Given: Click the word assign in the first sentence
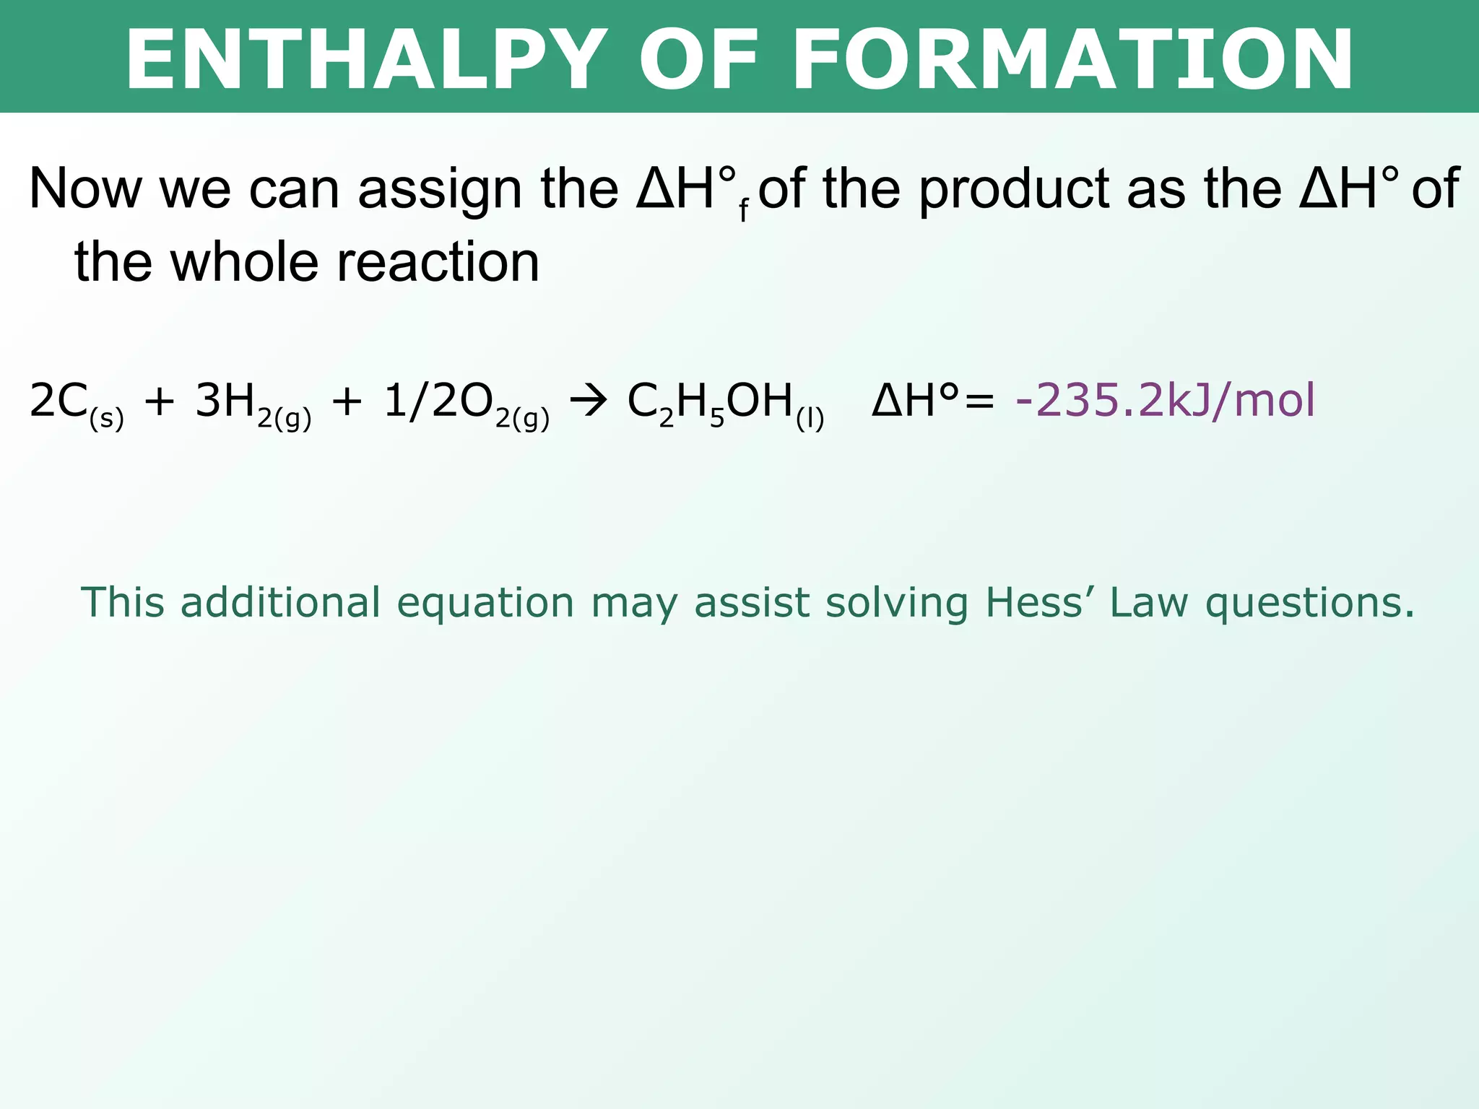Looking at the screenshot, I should point(439,190).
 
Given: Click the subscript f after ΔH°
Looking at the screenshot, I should point(743,211).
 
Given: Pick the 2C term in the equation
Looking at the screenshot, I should point(58,401).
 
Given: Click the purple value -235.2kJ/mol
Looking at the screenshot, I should point(1165,401).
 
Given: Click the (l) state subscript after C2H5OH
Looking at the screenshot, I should point(810,419).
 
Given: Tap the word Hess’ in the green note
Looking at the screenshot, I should point(1039,603).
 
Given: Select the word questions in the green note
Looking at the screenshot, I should point(1309,603).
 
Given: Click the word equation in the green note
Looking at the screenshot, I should point(485,603).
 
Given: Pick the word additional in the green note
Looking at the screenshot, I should point(280,603).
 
